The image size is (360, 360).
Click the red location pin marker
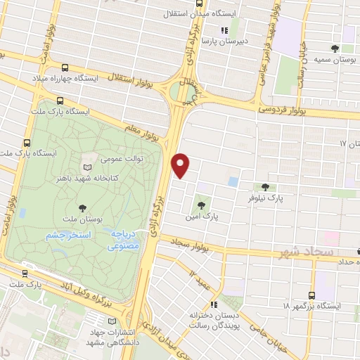[181, 166]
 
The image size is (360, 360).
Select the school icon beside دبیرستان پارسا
[224, 30]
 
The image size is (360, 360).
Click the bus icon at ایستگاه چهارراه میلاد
[65, 68]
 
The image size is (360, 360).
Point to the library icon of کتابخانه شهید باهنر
[87, 167]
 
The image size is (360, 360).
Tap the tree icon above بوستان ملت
[83, 207]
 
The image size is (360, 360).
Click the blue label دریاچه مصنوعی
[124, 241]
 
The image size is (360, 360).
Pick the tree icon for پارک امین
[202, 206]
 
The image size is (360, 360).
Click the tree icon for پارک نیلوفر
[265, 187]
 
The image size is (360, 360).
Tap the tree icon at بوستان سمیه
[335, 49]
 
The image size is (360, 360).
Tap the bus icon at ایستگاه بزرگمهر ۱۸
[311, 295]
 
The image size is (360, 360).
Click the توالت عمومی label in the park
[124, 159]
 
